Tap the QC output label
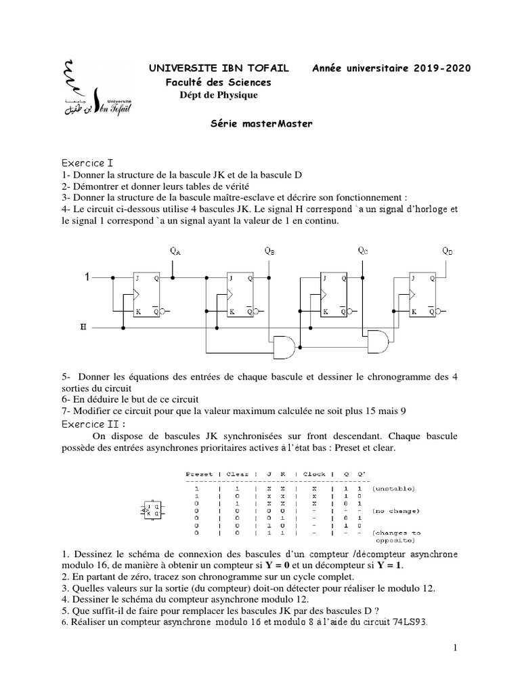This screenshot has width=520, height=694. coord(363,251)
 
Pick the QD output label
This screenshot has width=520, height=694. coord(448,251)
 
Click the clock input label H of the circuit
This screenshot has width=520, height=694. coord(83,327)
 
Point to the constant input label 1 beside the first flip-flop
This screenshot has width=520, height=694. coord(86,277)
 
